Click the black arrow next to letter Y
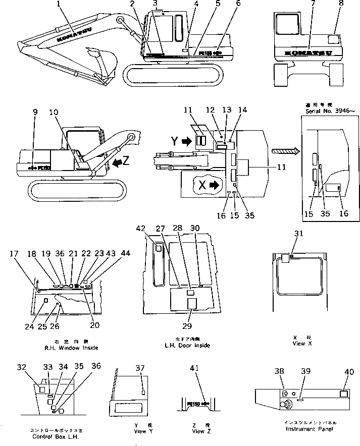pos(187,142)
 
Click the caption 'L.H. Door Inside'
pos(187,346)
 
